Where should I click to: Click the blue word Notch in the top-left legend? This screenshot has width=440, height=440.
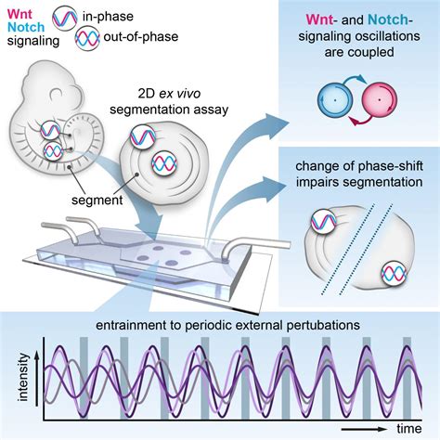pos(25,30)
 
